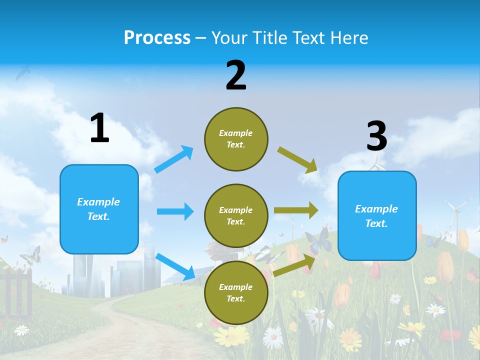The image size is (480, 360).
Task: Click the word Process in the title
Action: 157,38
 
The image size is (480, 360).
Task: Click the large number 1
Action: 99,128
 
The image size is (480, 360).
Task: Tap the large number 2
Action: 236,75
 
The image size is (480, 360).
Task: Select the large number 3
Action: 376,136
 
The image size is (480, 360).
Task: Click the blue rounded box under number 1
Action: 99,209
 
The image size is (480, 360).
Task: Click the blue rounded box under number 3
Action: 377,216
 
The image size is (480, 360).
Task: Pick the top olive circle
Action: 236,139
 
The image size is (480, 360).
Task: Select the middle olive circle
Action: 236,215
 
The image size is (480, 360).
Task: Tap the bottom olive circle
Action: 236,292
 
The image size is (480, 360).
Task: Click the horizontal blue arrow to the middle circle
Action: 175,211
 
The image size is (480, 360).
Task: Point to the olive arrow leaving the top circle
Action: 298,160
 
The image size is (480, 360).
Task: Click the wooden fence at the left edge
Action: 17,292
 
